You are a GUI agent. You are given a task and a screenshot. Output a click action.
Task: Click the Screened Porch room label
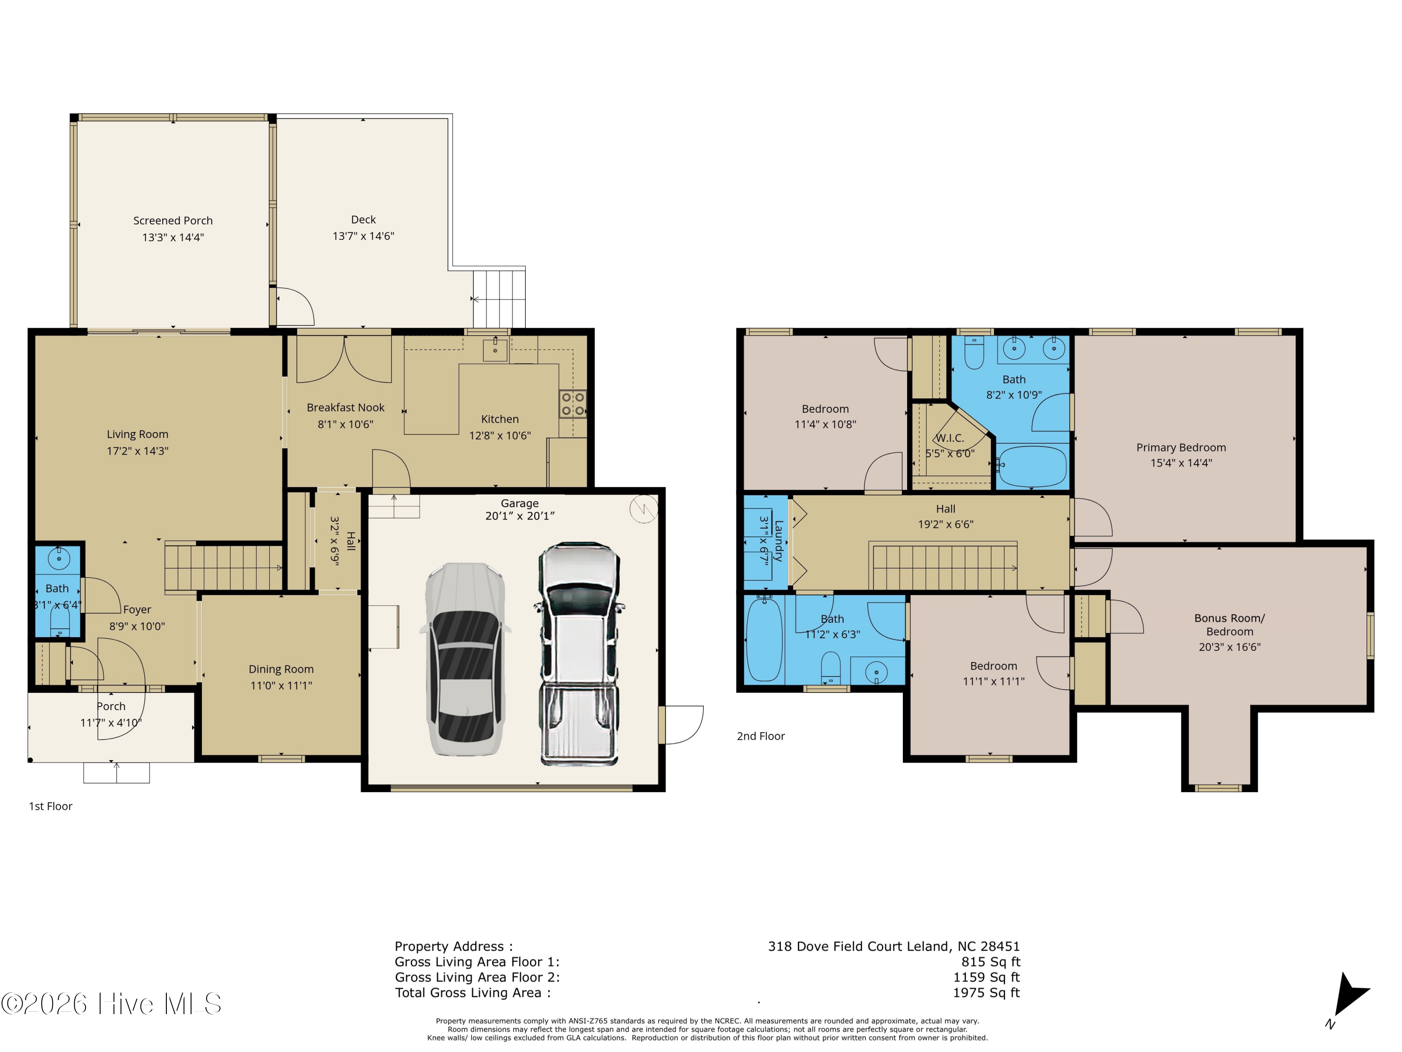pyautogui.click(x=173, y=221)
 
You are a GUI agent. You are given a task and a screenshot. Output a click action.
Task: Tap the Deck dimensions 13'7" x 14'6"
pyautogui.click(x=363, y=237)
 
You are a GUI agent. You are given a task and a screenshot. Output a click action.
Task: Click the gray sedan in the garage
pyautogui.click(x=466, y=659)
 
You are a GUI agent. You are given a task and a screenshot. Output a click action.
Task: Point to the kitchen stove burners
pyautogui.click(x=572, y=404)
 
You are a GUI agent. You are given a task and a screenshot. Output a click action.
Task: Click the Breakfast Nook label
pyautogui.click(x=345, y=408)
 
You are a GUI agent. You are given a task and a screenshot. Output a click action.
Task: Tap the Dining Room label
pyautogui.click(x=281, y=669)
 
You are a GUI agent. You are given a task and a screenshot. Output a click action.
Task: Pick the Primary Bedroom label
pyautogui.click(x=1181, y=448)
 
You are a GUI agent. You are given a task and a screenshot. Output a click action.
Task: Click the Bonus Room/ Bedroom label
pyautogui.click(x=1230, y=625)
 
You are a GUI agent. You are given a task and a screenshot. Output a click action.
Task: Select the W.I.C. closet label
pyautogui.click(x=950, y=438)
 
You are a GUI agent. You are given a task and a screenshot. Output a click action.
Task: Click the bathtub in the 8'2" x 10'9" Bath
pyautogui.click(x=1032, y=466)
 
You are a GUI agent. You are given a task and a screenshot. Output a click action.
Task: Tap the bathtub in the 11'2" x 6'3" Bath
pyautogui.click(x=765, y=639)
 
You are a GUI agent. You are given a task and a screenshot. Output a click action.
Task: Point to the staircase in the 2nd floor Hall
pyautogui.click(x=945, y=566)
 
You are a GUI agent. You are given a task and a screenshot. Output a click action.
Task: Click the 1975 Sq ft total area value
pyautogui.click(x=986, y=993)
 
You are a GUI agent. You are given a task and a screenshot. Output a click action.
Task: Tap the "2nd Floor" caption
pyautogui.click(x=760, y=736)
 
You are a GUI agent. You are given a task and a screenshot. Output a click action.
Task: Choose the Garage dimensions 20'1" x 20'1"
pyautogui.click(x=520, y=516)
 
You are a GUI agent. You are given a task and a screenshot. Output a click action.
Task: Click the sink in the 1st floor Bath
pyautogui.click(x=59, y=559)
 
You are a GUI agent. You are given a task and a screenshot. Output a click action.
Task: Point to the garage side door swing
pyautogui.click(x=684, y=725)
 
